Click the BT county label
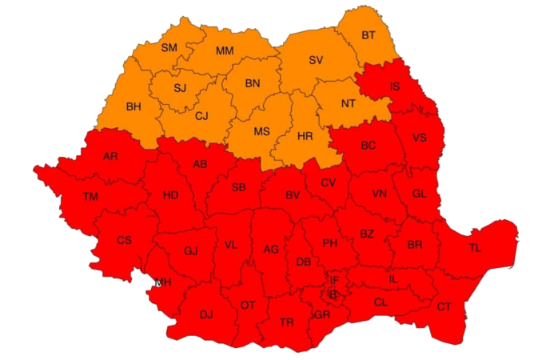tap(368, 35)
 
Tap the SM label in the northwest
tap(169, 48)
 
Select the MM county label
tap(225, 51)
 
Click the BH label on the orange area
tap(134, 106)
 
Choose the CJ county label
tap(202, 116)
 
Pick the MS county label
tap(262, 130)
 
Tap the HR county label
tap(305, 136)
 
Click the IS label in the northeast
tap(395, 86)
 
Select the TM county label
tap(91, 197)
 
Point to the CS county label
tap(124, 240)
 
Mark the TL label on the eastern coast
tap(475, 248)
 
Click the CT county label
tap(444, 306)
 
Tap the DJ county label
tap(206, 314)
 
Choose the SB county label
tap(238, 187)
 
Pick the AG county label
tap(271, 250)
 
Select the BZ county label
tap(366, 234)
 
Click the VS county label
tap(419, 138)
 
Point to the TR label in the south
tap(287, 322)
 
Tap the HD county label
tap(170, 195)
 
